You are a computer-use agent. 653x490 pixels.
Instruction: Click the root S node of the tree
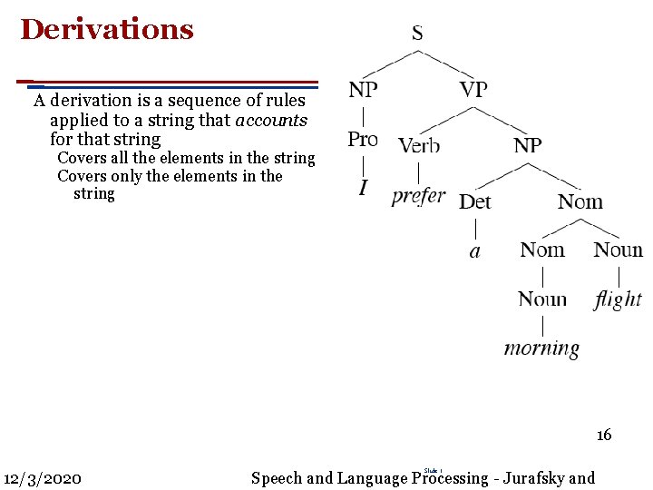click(x=417, y=34)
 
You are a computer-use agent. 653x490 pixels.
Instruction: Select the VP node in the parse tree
click(x=473, y=89)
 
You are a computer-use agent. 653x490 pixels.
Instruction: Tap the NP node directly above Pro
click(x=363, y=89)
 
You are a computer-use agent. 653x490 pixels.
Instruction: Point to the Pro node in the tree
click(x=363, y=139)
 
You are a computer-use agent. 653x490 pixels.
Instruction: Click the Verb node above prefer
click(x=419, y=145)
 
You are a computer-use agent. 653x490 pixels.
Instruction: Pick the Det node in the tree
click(x=474, y=201)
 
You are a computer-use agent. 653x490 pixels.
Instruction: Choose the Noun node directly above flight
click(x=618, y=250)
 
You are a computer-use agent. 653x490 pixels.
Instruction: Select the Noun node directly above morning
click(x=542, y=299)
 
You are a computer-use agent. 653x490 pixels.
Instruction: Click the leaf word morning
click(x=541, y=348)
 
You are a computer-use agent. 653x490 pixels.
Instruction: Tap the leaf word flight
click(x=618, y=299)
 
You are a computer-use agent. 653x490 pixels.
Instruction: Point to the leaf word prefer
click(x=418, y=195)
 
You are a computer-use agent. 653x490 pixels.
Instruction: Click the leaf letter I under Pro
click(x=363, y=188)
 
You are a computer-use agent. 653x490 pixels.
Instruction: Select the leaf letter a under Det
click(x=474, y=250)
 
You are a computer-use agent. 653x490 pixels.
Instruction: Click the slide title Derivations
click(x=107, y=30)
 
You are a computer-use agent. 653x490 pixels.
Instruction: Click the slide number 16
click(x=604, y=436)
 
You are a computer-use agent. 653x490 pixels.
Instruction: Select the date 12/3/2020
click(x=43, y=478)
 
